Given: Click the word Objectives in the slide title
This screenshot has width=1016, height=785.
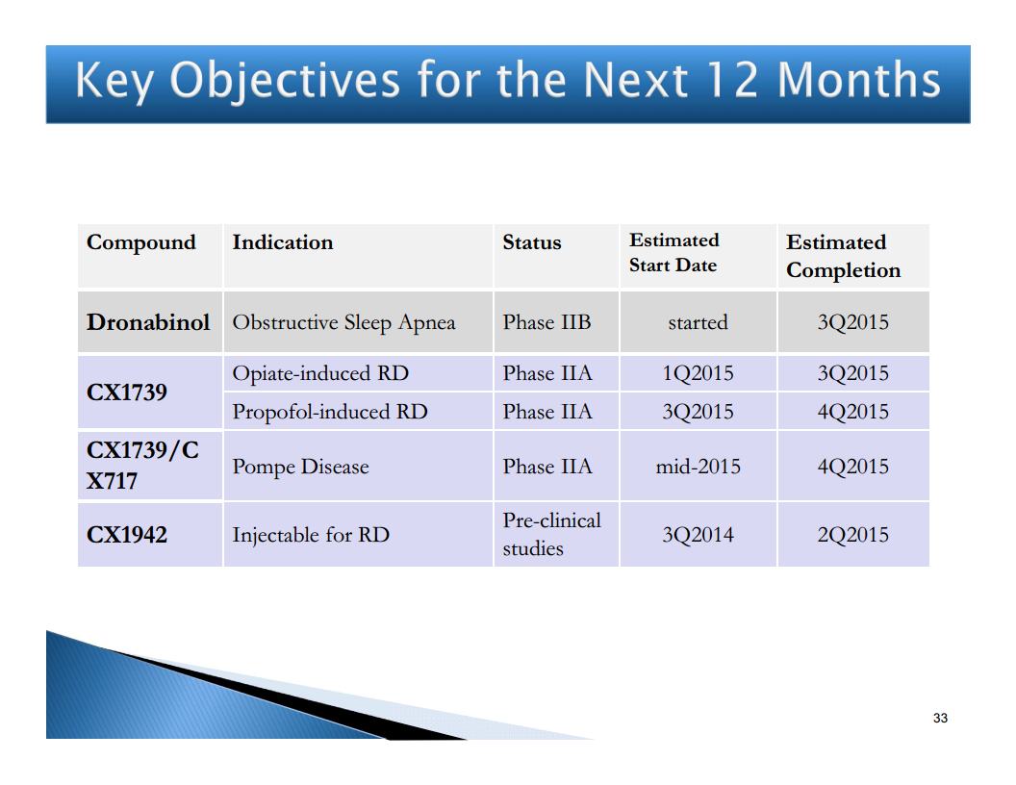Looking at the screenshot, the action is coord(285,82).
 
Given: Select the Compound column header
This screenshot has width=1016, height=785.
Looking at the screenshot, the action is coord(141,242).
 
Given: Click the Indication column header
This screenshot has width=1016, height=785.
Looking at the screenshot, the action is coord(283,242).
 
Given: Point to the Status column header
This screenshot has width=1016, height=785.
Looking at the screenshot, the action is coord(532,242).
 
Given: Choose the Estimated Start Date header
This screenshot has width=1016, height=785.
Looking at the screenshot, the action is coord(673,253).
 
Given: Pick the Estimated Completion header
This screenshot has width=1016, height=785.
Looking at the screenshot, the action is coord(843,256).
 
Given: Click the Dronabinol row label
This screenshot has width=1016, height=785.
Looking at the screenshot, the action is coord(148,322).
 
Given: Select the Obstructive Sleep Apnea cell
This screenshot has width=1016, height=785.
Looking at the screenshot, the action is coord(344,322).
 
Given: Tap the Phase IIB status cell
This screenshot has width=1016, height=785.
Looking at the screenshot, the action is coord(546,322).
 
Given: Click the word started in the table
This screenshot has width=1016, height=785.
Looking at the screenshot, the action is coord(698,322).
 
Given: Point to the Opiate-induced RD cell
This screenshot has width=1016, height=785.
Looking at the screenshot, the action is coord(320,373).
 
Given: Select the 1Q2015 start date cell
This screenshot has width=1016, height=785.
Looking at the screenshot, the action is coord(698,373).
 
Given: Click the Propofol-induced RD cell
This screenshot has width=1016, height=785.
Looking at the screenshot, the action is coord(330,412).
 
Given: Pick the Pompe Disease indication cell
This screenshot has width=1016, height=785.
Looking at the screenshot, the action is coord(300,467).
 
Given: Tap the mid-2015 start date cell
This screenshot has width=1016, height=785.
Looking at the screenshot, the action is coord(698,467).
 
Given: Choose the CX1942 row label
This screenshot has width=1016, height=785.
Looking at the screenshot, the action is coord(127,535).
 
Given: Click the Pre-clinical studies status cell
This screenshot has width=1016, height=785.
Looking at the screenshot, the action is coord(552,534).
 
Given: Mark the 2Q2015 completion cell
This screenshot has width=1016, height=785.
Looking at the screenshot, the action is coord(852,535).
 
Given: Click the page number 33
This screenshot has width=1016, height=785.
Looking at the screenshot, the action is coord(940,718).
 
